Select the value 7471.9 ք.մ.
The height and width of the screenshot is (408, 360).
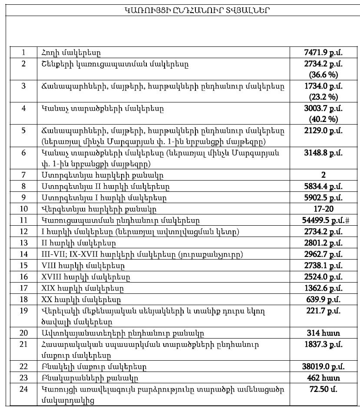click(324, 53)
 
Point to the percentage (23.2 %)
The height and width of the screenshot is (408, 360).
click(324, 96)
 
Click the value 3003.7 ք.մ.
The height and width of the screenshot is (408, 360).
click(324, 108)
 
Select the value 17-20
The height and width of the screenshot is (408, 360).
click(324, 209)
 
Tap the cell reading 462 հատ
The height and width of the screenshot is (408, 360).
click(324, 378)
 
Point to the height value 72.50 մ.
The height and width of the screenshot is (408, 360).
click(324, 389)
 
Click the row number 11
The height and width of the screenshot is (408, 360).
click(23, 220)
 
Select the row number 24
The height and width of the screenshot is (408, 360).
click(23, 389)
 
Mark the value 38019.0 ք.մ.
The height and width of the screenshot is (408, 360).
click(324, 367)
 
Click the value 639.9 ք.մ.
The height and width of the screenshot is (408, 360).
click(324, 299)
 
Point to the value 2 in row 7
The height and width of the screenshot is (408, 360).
click(324, 175)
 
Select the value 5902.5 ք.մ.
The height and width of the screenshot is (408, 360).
click(324, 197)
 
